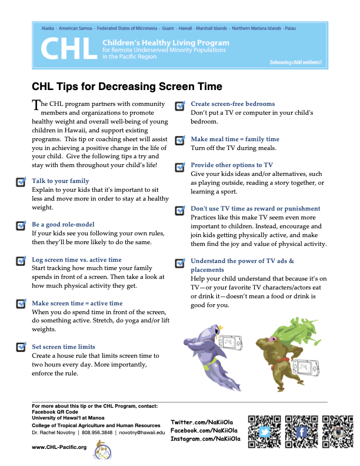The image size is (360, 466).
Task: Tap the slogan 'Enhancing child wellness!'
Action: (295, 62)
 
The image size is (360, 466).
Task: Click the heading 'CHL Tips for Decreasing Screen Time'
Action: (127, 86)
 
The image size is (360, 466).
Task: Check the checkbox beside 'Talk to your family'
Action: (21, 181)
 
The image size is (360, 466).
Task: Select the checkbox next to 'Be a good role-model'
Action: (21, 225)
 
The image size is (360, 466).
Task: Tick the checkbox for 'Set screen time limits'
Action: (21, 347)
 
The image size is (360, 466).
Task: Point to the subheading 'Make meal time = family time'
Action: (235, 139)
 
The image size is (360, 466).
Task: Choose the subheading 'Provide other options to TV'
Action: (232, 165)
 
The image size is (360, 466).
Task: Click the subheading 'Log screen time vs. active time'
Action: (76, 259)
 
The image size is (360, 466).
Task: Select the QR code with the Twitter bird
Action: (264, 431)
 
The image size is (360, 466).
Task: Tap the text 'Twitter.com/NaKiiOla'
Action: (202, 423)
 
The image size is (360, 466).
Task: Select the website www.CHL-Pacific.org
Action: (59, 447)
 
